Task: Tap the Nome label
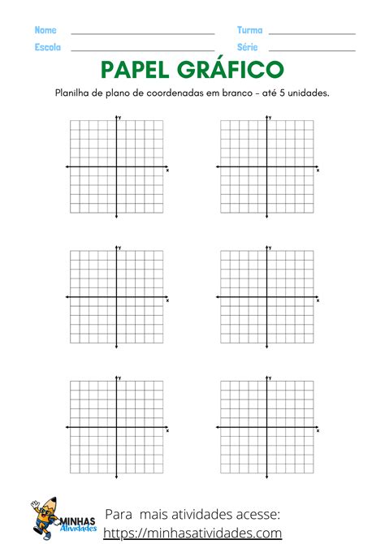[45, 30]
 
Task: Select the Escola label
[48, 47]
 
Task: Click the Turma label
[249, 30]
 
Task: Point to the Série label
[249, 47]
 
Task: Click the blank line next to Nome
[143, 33]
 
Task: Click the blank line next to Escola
[143, 50]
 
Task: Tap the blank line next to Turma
[312, 33]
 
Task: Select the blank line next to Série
[312, 50]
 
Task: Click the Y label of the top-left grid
[120, 119]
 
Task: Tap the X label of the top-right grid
[318, 171]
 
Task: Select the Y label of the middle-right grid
[270, 248]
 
